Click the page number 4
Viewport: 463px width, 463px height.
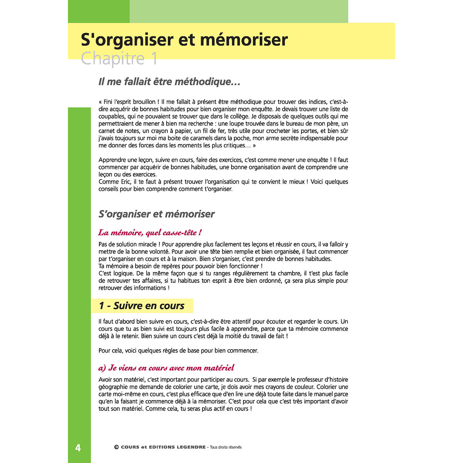tap(78, 448)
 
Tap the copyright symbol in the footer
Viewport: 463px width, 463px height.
tap(116, 447)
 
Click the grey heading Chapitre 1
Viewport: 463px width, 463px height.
tap(119, 59)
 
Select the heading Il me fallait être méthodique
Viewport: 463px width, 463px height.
tap(169, 82)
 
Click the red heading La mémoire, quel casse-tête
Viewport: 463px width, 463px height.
tap(150, 233)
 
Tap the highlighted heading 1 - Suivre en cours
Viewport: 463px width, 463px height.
tap(142, 306)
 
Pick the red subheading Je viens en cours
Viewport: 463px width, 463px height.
tap(166, 368)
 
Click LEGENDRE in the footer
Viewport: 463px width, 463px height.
tap(191, 447)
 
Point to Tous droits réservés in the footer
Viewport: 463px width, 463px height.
tap(226, 448)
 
